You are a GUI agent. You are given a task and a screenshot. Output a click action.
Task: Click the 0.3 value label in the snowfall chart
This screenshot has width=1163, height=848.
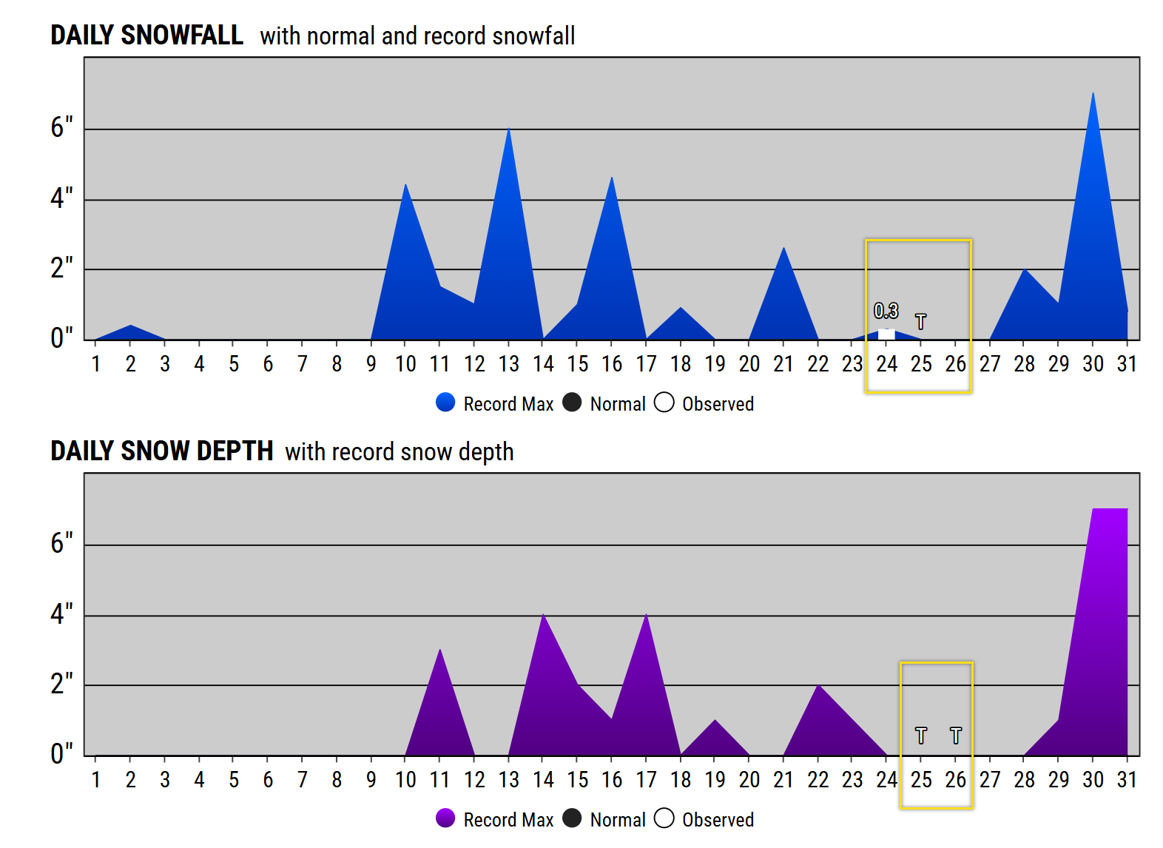(x=886, y=311)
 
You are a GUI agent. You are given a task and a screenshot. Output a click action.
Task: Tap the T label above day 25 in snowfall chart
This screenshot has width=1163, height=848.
(x=920, y=322)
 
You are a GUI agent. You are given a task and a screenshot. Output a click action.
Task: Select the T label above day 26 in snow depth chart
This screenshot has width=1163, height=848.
(x=955, y=736)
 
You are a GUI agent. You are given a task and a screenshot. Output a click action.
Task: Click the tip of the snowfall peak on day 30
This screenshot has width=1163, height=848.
(x=1093, y=94)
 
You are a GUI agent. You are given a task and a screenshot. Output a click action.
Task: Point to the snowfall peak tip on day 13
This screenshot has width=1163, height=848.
(x=508, y=129)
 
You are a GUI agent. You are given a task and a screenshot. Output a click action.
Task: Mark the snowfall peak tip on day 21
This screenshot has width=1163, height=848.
(x=783, y=249)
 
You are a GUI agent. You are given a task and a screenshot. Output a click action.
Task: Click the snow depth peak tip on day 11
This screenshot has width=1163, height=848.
(x=439, y=650)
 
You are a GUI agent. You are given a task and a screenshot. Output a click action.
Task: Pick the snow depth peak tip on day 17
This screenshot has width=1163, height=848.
(x=646, y=616)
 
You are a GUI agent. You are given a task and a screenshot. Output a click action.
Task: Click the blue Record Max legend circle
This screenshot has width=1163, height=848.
(x=445, y=402)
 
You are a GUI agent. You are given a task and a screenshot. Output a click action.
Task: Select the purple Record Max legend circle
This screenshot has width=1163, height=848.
(x=445, y=818)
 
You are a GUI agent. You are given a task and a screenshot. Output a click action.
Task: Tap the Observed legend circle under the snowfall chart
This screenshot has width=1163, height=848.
(x=664, y=402)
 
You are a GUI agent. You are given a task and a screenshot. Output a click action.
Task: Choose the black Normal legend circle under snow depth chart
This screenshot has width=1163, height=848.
(x=572, y=818)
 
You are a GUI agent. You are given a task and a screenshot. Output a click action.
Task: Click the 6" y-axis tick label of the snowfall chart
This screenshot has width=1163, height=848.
(x=61, y=128)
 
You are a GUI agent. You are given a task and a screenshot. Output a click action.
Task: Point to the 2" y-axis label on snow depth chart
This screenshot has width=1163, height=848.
(x=61, y=684)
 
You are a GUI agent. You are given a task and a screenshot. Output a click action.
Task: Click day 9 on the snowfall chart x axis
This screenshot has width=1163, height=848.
(x=371, y=364)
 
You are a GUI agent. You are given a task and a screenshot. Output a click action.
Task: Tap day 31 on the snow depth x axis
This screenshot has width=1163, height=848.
(x=1126, y=780)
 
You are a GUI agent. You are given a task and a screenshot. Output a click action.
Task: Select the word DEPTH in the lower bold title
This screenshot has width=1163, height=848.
(x=239, y=451)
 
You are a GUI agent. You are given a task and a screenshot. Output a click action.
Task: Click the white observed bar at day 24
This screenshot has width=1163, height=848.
(x=886, y=334)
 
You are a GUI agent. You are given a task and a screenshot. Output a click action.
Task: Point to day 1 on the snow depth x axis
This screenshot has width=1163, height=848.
(x=96, y=780)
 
